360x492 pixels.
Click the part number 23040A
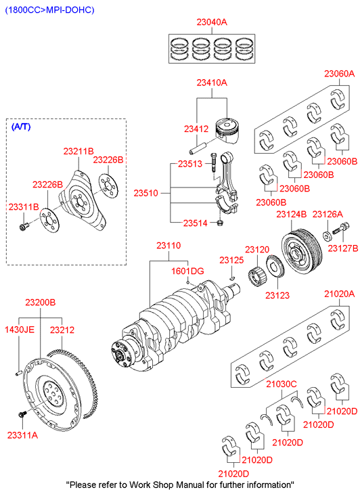tap(212, 22)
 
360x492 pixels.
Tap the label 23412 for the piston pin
tap(196, 129)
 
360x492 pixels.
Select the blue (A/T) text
tap(21, 127)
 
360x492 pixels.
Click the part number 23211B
tap(78, 151)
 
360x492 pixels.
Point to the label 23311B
tap(24, 207)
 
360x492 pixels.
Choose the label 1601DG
tap(187, 271)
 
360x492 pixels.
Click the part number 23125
tap(231, 260)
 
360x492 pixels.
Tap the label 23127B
tap(343, 248)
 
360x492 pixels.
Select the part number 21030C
tap(282, 384)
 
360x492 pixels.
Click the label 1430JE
tap(20, 330)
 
